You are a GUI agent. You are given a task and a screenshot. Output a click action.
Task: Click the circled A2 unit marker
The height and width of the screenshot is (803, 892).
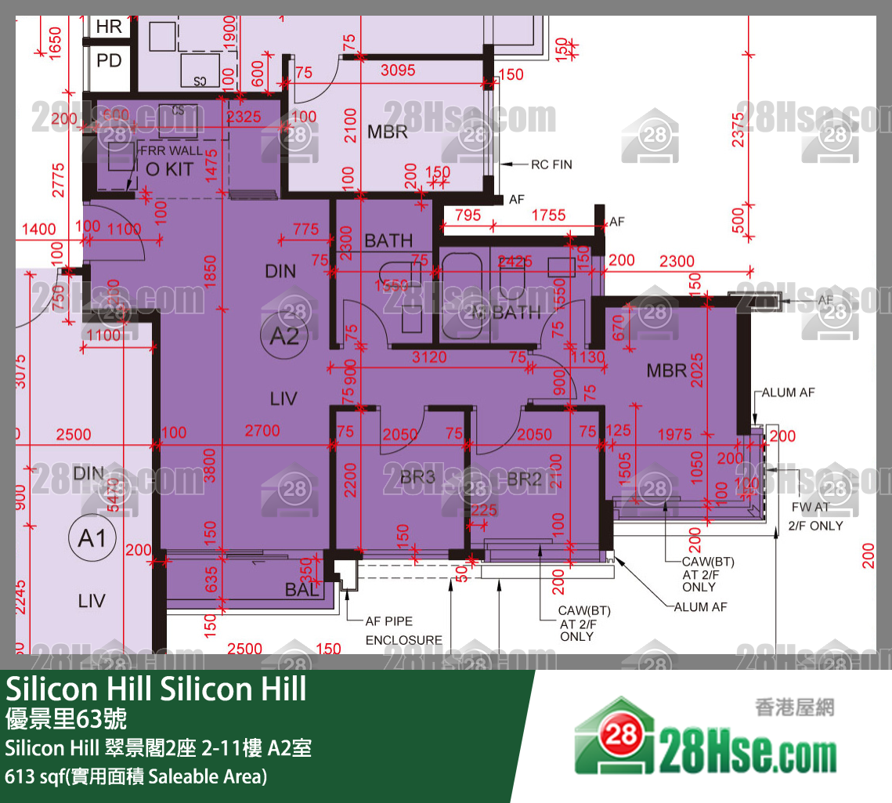(x=283, y=338)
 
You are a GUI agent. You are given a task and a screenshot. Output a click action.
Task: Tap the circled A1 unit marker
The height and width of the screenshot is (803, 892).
(x=92, y=540)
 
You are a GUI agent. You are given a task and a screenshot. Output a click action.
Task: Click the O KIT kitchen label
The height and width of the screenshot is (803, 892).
(x=169, y=169)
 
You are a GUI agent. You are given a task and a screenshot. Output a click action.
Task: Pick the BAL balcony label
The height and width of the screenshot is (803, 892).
(x=302, y=590)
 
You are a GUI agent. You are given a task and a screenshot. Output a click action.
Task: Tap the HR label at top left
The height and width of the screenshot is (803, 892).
(x=110, y=27)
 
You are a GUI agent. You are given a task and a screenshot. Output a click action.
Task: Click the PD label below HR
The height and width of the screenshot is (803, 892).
(x=110, y=60)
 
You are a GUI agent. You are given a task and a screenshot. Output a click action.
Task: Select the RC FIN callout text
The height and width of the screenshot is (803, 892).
(x=551, y=165)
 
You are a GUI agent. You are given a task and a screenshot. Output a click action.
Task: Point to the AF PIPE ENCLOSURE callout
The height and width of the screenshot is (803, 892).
(x=404, y=631)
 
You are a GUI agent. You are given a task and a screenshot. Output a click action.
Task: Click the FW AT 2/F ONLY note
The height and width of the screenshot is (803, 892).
(x=815, y=516)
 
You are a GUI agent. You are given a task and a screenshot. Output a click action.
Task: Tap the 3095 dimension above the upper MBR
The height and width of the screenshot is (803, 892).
(x=398, y=71)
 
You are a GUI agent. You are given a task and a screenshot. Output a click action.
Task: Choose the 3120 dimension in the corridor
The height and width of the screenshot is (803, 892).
(x=429, y=357)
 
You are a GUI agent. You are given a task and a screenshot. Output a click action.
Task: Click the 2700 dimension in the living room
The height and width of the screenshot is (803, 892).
(x=262, y=431)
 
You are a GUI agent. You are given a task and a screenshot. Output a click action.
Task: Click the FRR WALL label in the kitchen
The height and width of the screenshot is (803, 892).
(x=170, y=150)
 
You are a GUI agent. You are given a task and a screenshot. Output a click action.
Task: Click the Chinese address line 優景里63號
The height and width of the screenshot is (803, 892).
(x=66, y=719)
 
